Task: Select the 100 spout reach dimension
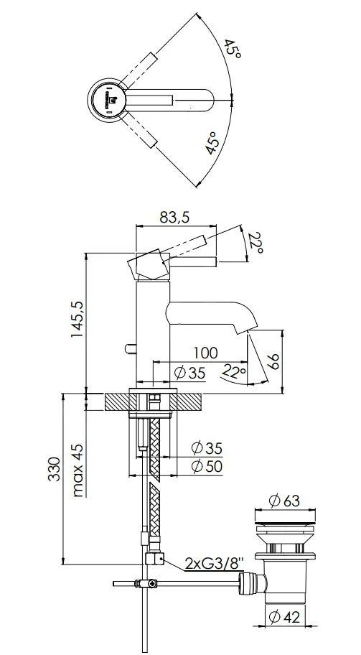click(205, 353)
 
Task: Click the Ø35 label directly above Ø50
click(207, 448)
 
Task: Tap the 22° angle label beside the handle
click(255, 244)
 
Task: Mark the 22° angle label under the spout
click(233, 372)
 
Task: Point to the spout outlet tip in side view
click(242, 330)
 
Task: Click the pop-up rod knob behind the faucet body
click(128, 348)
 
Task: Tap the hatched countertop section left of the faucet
click(117, 401)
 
